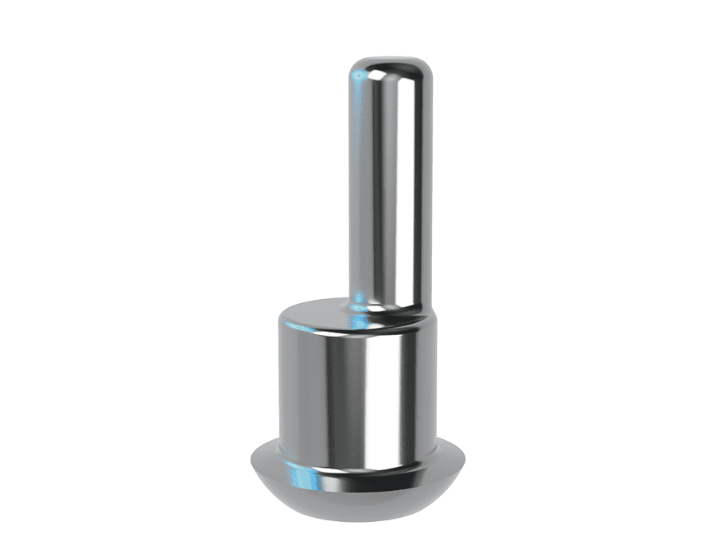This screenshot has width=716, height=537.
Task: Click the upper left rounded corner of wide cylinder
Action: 282,317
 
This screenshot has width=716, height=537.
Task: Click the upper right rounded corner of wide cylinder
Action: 434,316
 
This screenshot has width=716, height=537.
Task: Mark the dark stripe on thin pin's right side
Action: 418,183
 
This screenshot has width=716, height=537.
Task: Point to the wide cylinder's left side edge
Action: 278,382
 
